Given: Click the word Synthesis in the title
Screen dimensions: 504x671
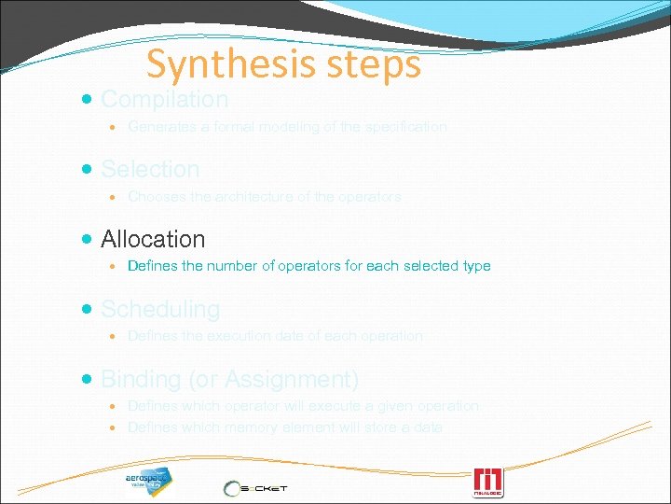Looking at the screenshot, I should pos(221,64).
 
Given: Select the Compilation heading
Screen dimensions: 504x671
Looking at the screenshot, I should pos(164,99).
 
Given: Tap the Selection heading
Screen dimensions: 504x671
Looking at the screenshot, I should pos(150,169).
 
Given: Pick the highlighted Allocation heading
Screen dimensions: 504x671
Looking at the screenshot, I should pos(153,239).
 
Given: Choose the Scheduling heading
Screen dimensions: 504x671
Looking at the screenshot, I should pos(160,309).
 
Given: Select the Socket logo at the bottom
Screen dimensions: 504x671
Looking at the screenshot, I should pos(255,488).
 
